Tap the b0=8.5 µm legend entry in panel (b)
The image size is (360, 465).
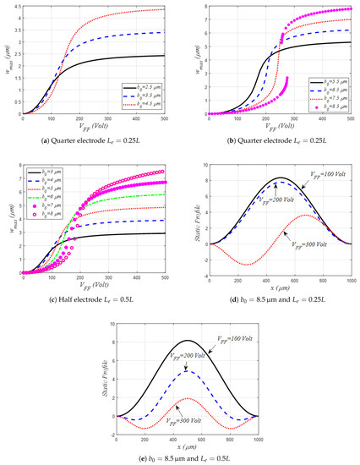pos(325,107)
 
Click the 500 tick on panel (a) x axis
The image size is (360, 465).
pos(175,118)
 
